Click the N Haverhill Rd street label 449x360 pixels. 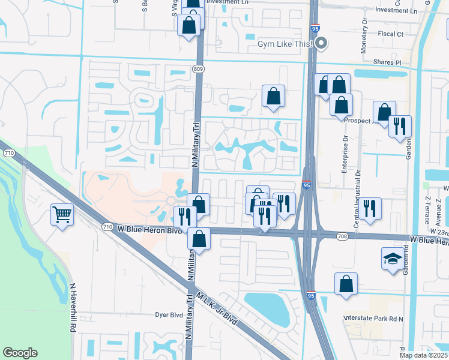[x=73, y=308]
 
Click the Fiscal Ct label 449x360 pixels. [x=391, y=34]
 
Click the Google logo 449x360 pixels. [x=20, y=353]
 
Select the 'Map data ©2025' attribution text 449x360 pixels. [x=423, y=355]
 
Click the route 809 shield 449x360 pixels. [x=198, y=69]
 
